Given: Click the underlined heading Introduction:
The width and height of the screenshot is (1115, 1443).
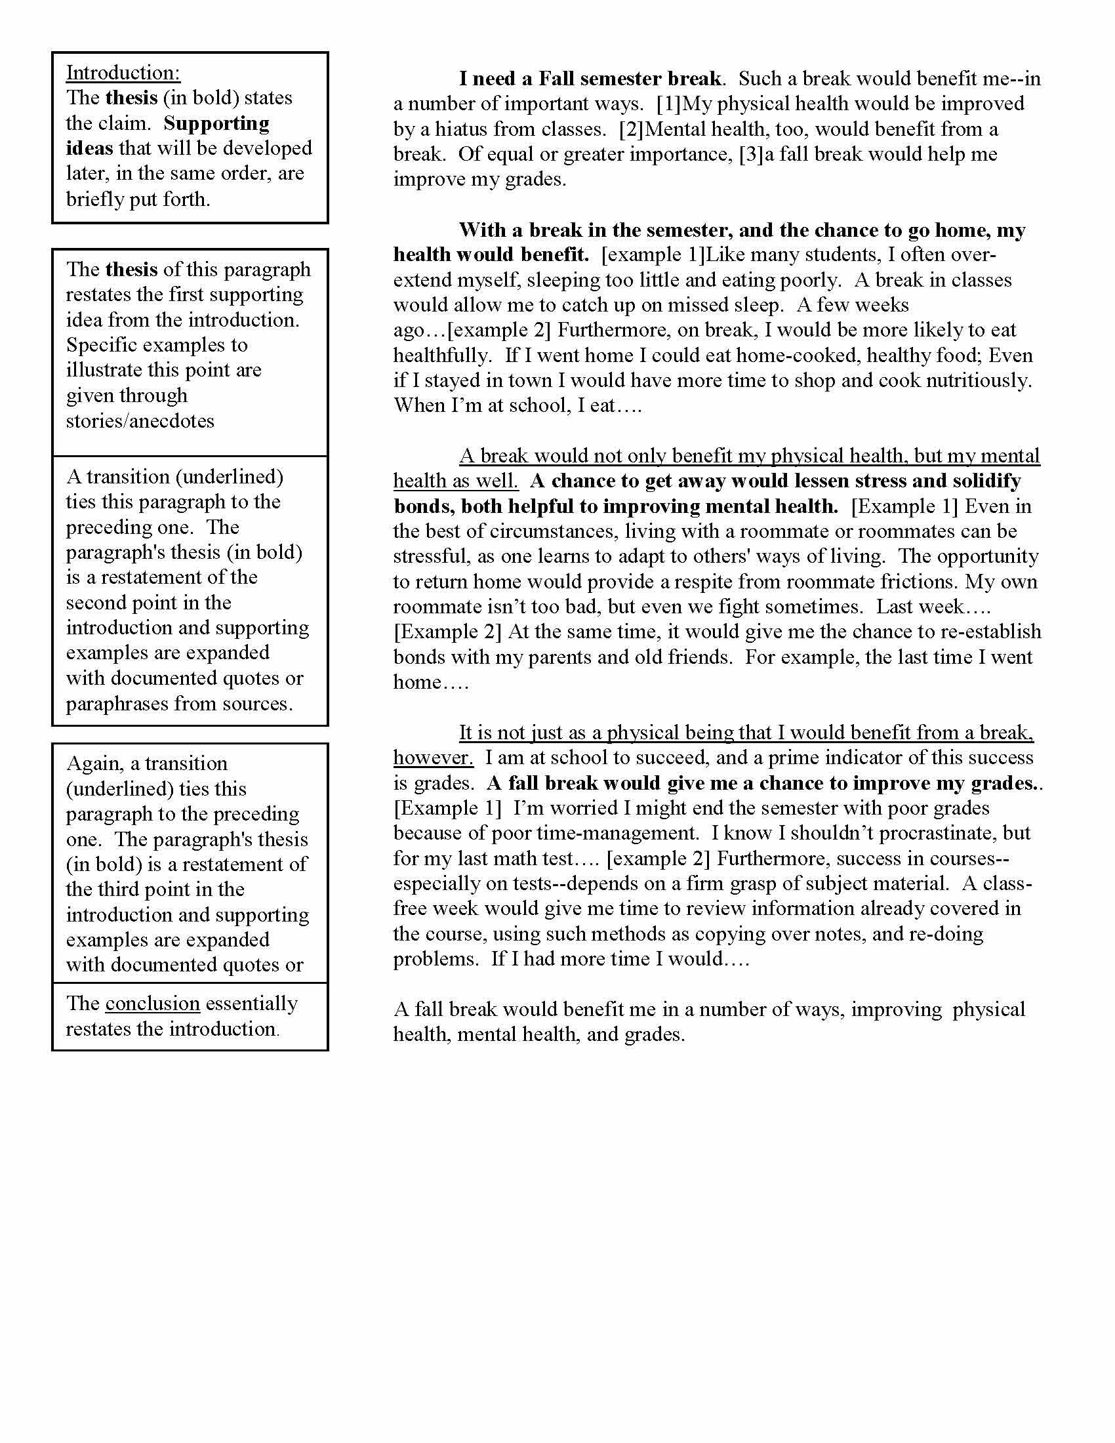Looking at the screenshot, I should coord(123,73).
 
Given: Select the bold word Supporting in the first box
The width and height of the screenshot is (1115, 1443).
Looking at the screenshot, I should coord(216,123).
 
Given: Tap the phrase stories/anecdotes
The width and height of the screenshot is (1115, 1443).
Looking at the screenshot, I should coord(140,421).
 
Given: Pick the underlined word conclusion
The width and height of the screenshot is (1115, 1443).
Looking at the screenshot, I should coord(153,1003).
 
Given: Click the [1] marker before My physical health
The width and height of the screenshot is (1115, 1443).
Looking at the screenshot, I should coord(668,104).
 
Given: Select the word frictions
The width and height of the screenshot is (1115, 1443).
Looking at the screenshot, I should coord(916,582).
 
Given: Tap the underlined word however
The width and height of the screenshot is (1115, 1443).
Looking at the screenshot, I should coord(434,758).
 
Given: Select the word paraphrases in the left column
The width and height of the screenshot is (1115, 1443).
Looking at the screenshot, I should coord(115,704).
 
